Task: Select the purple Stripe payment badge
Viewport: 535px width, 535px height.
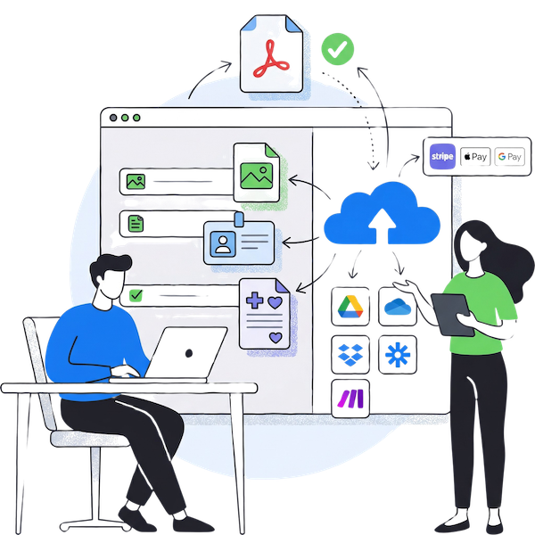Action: point(442,156)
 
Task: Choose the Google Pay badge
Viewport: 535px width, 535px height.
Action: point(509,157)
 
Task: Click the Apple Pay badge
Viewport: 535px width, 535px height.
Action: point(476,157)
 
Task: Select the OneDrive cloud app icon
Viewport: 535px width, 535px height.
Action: point(395,306)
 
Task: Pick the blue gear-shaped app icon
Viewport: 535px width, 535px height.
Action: point(395,354)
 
